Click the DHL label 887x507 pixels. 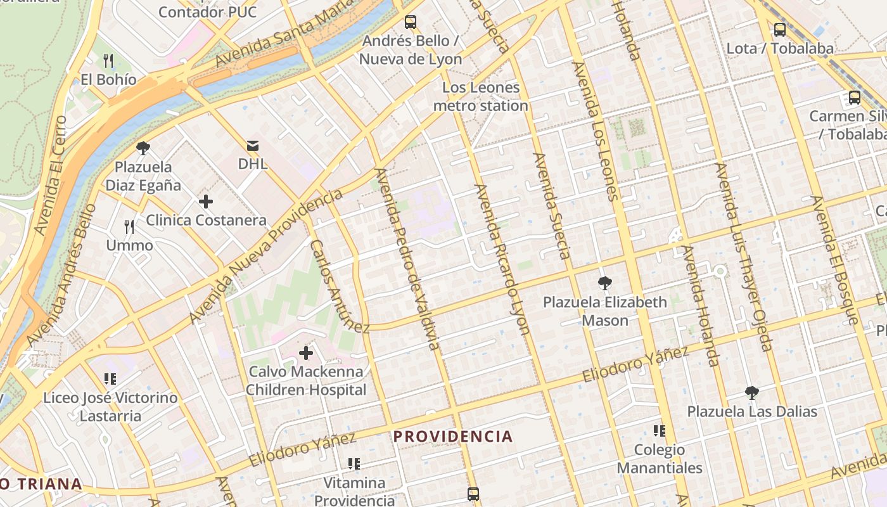pos(253,164)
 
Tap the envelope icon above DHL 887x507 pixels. pos(253,146)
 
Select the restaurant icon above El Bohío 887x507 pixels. pos(108,61)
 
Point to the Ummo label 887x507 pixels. pos(129,245)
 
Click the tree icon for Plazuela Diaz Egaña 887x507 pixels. pos(143,148)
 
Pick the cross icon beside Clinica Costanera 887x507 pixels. pos(206,202)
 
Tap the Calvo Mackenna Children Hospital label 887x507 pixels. pos(306,381)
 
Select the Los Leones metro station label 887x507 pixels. pos(480,96)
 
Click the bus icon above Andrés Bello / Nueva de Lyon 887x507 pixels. pos(411,22)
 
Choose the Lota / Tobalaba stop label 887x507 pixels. pos(780,48)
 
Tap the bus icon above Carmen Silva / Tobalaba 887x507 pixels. pos(855,98)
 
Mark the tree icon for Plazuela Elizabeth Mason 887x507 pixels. pos(605,283)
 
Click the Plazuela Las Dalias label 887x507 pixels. pos(752,411)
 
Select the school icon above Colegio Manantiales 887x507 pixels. pos(660,431)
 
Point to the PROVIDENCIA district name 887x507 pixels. pos(453,436)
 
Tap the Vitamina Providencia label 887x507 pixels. pos(354,492)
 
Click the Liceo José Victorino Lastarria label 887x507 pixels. pos(110,407)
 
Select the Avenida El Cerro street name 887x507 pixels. pos(51,175)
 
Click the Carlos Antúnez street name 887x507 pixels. pos(339,286)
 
